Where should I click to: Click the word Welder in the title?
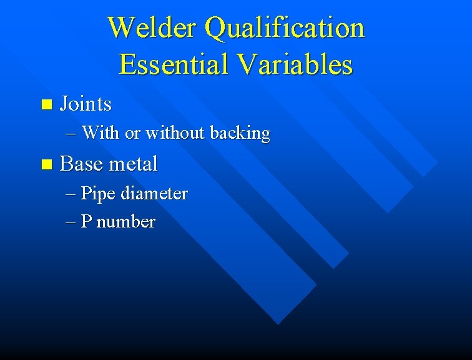[152, 28]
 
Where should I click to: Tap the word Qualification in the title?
[284, 28]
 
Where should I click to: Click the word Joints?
[86, 104]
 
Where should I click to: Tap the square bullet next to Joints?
[43, 104]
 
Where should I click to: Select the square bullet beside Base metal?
[43, 165]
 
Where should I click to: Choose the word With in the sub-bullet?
[100, 132]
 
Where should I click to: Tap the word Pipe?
[98, 194]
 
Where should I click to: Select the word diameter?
[154, 194]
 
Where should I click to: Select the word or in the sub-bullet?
[132, 133]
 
